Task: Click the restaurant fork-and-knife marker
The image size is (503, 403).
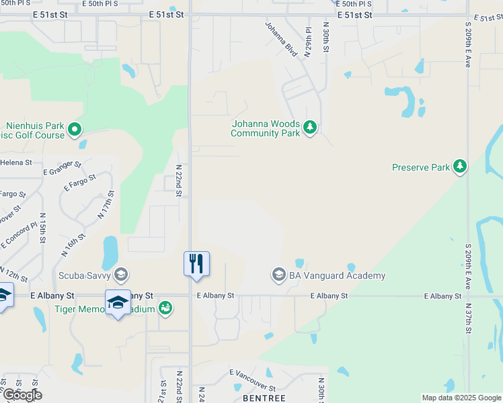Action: point(196,263)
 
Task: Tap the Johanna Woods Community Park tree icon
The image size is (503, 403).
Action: point(309,127)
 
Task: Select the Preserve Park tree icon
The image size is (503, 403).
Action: point(460,166)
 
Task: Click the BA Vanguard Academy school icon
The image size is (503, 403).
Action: point(278,275)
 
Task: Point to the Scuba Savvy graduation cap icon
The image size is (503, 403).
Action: point(121,274)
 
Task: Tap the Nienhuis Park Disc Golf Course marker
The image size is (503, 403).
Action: point(75,129)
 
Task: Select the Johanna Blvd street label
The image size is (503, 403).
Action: point(281,40)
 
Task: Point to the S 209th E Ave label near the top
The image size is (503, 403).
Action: point(467,44)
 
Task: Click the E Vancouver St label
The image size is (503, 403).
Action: point(252,380)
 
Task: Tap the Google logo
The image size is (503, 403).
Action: point(22,395)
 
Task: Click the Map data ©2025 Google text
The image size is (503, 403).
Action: point(461,398)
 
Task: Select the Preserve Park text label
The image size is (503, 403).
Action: point(421,167)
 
